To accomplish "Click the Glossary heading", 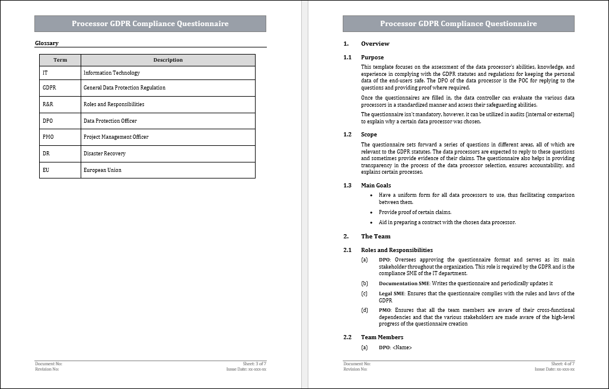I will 47,43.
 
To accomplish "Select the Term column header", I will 60,60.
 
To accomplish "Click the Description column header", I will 168,60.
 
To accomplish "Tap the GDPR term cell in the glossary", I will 49,88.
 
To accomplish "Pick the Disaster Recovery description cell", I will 104,154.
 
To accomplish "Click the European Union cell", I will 102,170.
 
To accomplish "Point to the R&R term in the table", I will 48,104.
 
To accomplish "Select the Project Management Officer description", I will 116,137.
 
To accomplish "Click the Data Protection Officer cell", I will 110,121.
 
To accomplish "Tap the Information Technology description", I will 111,73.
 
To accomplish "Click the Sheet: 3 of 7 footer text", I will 254,364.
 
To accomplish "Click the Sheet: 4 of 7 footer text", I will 563,364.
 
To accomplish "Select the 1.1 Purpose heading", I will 372,58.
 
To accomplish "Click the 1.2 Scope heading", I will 369,135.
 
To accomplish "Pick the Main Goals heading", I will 376,186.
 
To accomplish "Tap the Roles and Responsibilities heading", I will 397,250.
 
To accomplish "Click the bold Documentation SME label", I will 404,283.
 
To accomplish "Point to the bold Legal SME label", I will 391,294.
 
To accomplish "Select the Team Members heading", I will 382,337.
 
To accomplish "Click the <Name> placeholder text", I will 402,347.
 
